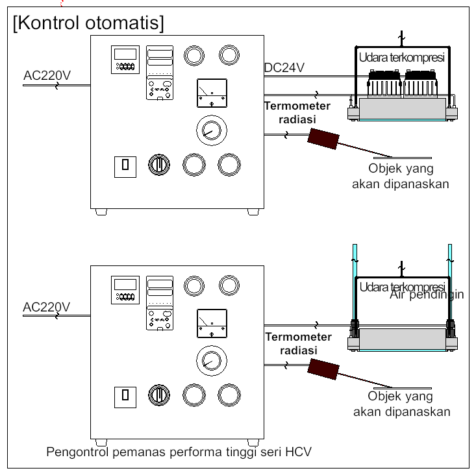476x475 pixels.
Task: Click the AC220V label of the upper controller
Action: coord(47,75)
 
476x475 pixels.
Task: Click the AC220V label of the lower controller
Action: coord(46,306)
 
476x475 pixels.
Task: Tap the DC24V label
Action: coord(284,67)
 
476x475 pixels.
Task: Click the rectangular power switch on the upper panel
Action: coord(125,165)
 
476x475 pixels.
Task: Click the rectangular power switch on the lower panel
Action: coord(125,395)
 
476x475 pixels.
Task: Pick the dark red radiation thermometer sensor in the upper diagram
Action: coord(323,138)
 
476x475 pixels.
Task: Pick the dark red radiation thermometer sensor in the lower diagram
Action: coord(323,369)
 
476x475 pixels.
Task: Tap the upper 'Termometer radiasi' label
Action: coord(297,112)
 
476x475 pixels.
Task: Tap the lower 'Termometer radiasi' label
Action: coord(297,343)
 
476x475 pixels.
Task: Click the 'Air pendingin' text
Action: coord(427,295)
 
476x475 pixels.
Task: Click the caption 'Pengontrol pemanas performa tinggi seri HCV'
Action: coord(179,452)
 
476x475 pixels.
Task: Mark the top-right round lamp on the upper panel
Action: coord(228,55)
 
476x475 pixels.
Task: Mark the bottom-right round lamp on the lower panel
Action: coord(228,395)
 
